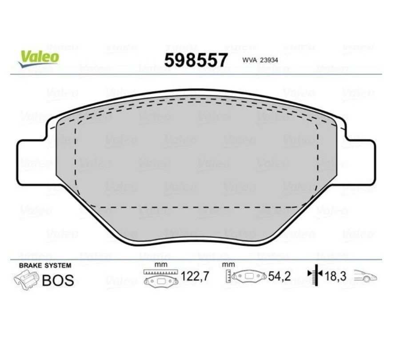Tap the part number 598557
point(196,60)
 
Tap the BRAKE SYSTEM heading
point(44,266)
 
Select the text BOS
point(57,281)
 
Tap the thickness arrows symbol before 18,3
point(315,276)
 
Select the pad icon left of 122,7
point(161,280)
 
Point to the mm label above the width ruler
point(160,264)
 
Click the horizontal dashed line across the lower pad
point(196,207)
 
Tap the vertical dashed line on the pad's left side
point(76,164)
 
